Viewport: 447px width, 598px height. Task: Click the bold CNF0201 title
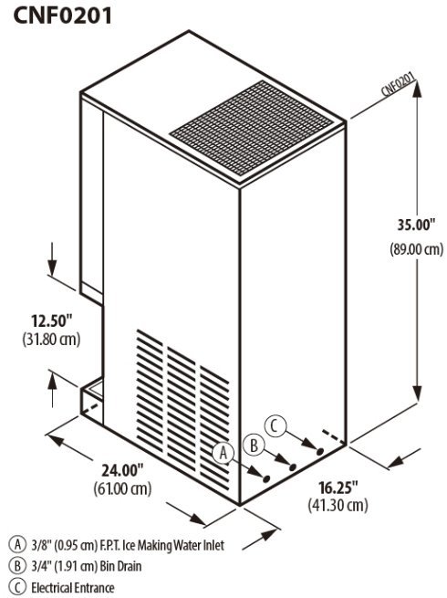click(x=63, y=16)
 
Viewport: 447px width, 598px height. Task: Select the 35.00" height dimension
click(x=416, y=225)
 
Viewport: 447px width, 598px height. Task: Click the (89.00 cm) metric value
click(x=417, y=249)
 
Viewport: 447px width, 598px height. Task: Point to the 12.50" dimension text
click(x=51, y=320)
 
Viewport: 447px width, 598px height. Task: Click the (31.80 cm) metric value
click(x=51, y=339)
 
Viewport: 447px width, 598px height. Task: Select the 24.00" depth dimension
click(x=122, y=470)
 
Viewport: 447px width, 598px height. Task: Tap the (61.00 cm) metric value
click(x=122, y=488)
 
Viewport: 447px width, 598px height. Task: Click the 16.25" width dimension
click(x=338, y=487)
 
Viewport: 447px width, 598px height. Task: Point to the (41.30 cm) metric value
click(x=338, y=505)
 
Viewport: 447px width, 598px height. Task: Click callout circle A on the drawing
click(x=223, y=453)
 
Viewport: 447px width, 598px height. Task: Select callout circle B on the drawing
click(x=254, y=445)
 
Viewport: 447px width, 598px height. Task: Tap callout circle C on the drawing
click(x=275, y=425)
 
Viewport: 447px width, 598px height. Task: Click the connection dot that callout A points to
click(x=266, y=477)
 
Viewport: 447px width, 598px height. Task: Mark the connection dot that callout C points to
click(x=320, y=451)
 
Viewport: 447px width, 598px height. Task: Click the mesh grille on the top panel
click(x=252, y=128)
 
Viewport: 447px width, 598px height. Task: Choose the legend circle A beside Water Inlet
click(x=17, y=544)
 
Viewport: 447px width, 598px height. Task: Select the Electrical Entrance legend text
click(x=72, y=588)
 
